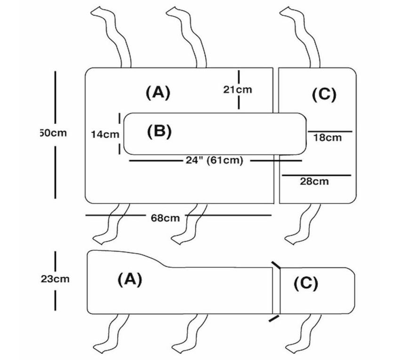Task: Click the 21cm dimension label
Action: tap(237, 90)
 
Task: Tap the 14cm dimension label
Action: tap(104, 134)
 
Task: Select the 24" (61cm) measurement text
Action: tap(214, 160)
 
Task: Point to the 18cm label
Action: tap(327, 138)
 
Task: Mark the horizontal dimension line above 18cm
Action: tap(330, 131)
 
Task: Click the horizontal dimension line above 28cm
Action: tap(316, 176)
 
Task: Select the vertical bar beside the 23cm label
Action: tap(56, 281)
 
